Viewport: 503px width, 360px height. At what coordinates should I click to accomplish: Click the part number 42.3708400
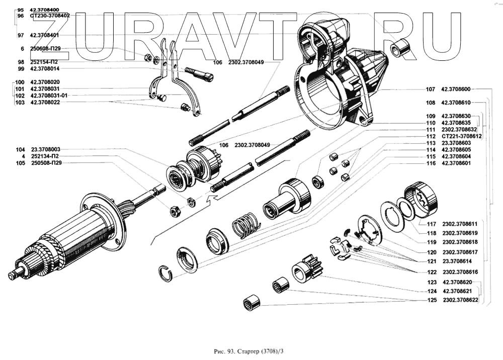coord(44,10)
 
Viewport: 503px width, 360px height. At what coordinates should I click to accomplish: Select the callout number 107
coord(430,89)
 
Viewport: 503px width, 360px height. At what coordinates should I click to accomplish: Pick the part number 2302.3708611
coord(460,224)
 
